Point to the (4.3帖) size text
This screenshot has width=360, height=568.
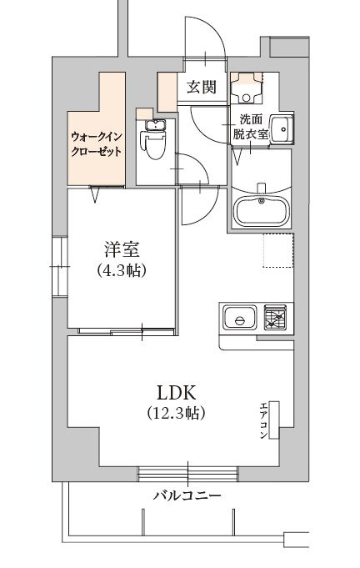tap(121, 269)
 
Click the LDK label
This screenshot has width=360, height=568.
tap(177, 391)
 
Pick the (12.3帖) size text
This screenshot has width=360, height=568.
tap(177, 413)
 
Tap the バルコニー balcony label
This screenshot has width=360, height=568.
tap(187, 495)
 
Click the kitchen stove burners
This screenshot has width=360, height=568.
tap(276, 318)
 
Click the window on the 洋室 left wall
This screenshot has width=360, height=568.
tap(58, 266)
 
